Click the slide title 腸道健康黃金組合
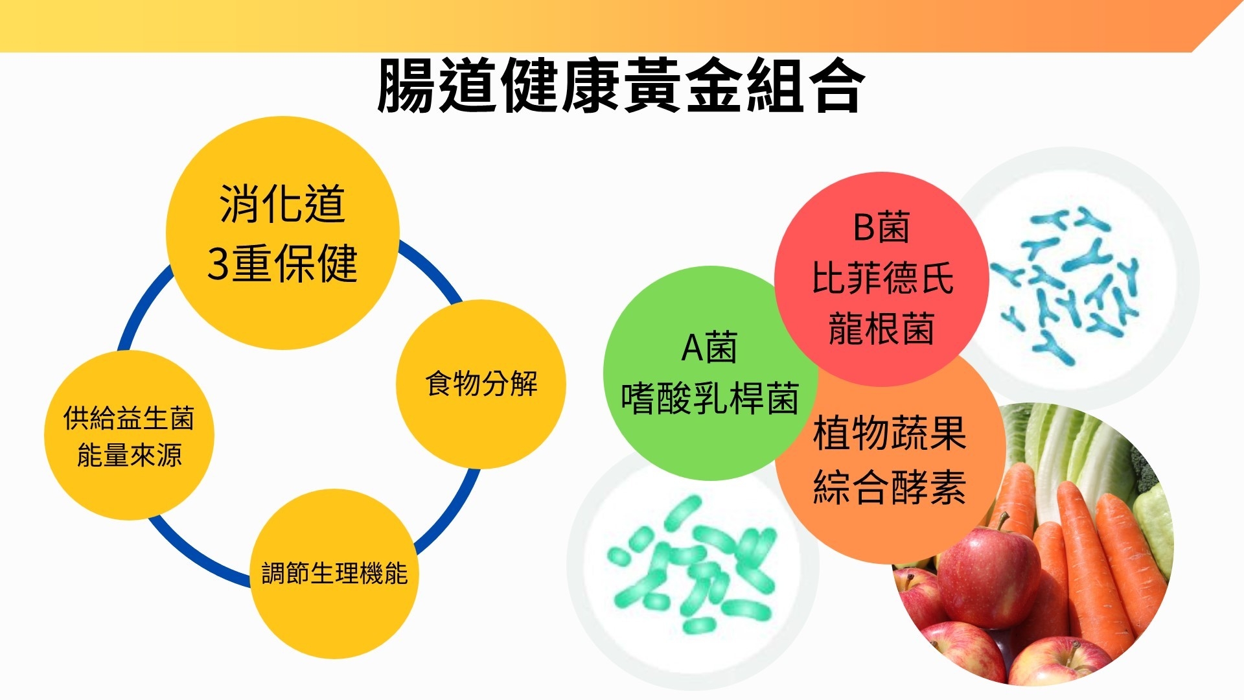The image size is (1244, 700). pos(620,86)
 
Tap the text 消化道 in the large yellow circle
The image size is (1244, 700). pos(282,204)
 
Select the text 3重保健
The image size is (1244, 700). pos(282,263)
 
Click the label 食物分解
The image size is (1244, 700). pos(481,383)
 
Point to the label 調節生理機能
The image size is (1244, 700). pos(334,574)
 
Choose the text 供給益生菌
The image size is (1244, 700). pos(129,419)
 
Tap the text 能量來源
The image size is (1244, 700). pos(129,455)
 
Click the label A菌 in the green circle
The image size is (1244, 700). pos(709,348)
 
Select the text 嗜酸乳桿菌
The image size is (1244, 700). pos(709,398)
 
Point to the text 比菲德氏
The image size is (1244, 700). pos(882,278)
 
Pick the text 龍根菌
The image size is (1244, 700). pos(881,328)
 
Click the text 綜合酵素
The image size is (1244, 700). pos(890,487)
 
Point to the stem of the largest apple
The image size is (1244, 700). pos(1002,521)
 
